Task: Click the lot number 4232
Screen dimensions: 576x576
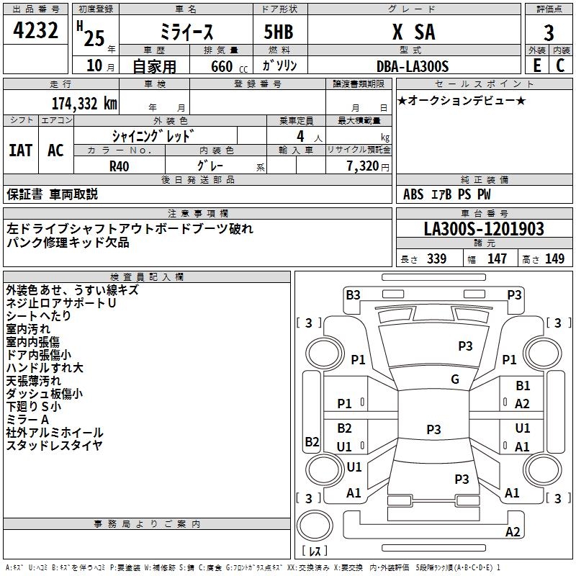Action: point(35,30)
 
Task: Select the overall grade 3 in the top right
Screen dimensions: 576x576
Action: point(549,32)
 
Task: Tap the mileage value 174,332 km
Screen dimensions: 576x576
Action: point(84,104)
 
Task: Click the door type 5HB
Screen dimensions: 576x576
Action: point(279,32)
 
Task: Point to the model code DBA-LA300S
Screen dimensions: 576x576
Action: point(413,66)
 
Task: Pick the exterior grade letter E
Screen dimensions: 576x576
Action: point(537,66)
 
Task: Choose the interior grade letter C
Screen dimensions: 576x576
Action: point(560,66)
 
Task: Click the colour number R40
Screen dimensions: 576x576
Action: point(120,166)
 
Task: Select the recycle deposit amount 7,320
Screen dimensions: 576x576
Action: point(363,166)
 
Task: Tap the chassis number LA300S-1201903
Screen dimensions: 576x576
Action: point(484,229)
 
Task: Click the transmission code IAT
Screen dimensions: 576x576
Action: point(21,150)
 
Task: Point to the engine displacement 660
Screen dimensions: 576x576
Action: point(222,66)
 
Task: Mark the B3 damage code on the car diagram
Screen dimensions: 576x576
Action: point(353,295)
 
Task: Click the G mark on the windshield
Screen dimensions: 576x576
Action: point(455,379)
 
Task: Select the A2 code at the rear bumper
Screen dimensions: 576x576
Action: point(513,531)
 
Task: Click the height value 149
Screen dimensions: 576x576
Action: point(554,258)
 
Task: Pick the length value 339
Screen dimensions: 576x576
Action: point(437,258)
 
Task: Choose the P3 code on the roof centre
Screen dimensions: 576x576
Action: point(433,429)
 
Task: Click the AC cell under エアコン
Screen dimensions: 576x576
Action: point(55,150)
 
